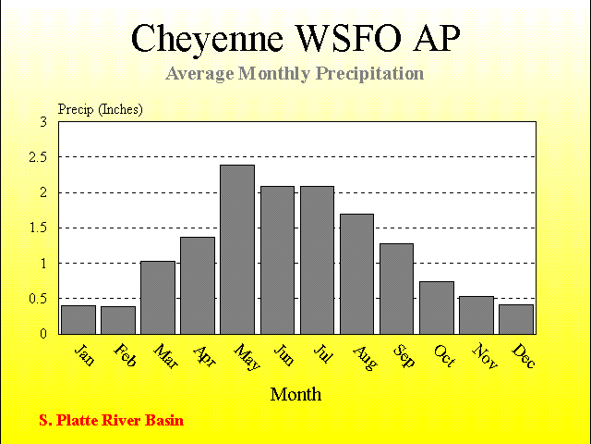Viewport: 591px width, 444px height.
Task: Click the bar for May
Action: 237,250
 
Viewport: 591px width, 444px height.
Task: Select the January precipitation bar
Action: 78,320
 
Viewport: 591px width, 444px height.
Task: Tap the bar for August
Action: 357,274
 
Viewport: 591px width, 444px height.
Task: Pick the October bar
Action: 437,308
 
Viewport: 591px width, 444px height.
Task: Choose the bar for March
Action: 158,298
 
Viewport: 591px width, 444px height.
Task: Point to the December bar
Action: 516,319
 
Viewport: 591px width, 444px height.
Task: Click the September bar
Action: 396,289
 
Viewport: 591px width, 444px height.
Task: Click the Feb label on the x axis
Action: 125,355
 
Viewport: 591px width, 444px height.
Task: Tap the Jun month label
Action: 283,354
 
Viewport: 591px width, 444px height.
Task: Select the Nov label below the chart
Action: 485,355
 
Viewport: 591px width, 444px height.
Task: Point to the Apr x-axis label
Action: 205,356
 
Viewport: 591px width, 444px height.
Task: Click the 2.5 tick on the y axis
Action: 38,157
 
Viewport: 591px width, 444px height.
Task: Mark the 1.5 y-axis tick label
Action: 39,228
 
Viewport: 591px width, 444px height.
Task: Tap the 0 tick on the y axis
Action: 43,334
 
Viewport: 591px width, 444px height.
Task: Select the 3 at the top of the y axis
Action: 43,122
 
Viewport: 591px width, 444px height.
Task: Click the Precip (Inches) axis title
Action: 101,109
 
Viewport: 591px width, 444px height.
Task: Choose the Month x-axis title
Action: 295,395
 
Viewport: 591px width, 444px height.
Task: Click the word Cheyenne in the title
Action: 207,39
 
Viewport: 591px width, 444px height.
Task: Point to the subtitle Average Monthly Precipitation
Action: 295,74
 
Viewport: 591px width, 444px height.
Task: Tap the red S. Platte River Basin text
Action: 112,420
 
